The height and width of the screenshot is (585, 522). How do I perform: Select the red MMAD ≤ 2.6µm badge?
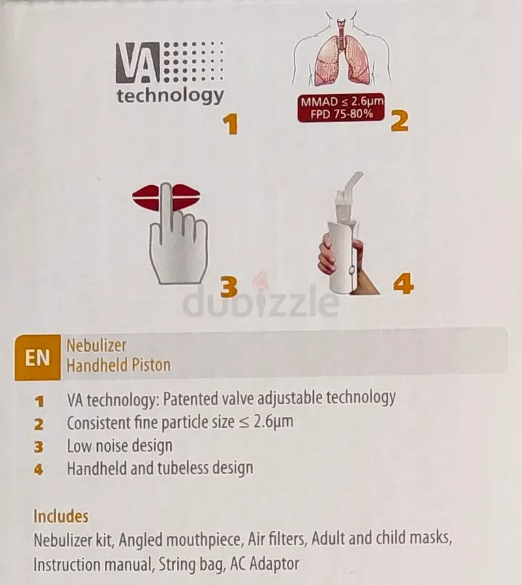[x=341, y=108]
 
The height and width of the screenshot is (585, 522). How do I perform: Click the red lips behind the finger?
[x=166, y=196]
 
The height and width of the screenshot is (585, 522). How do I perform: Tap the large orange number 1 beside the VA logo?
[x=231, y=124]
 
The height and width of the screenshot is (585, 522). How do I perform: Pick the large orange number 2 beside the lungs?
[x=399, y=121]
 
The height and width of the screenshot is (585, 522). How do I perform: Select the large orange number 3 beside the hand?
[x=228, y=287]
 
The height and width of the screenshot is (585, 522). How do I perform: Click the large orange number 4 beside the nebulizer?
[x=403, y=284]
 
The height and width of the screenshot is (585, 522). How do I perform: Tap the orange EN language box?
[x=37, y=357]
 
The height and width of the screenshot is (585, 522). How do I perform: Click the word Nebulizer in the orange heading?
[x=97, y=346]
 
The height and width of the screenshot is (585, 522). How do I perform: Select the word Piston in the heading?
[x=150, y=365]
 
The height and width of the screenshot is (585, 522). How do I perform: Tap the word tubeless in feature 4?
[x=183, y=468]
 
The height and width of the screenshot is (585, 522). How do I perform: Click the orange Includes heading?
[x=61, y=517]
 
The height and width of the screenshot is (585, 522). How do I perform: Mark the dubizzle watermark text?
[x=260, y=301]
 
